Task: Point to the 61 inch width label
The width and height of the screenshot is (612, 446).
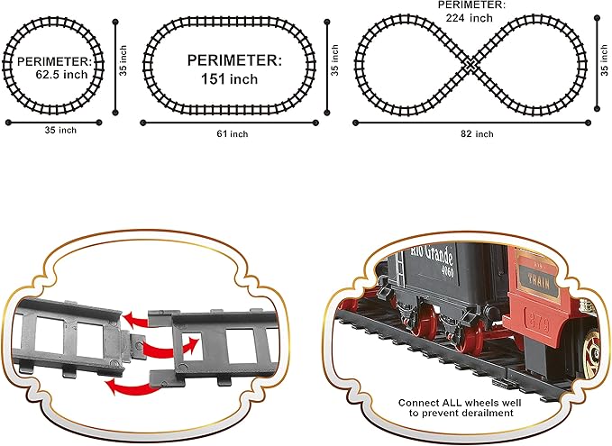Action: [x=232, y=133]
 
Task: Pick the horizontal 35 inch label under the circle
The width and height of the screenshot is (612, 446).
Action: [x=60, y=131]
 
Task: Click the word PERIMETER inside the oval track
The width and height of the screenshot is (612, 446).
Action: [x=233, y=59]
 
